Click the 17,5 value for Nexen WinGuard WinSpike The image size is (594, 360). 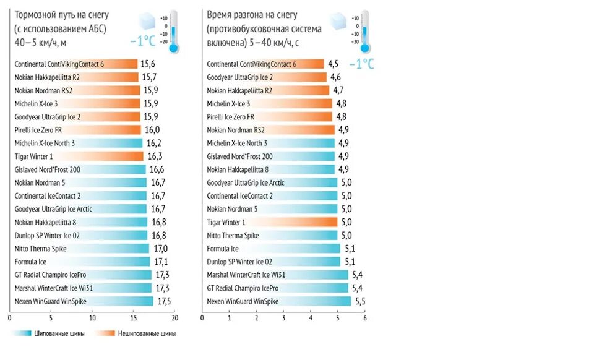[x=164, y=301]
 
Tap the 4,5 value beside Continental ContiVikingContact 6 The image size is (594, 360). [x=333, y=64]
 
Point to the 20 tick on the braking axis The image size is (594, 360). [x=174, y=319]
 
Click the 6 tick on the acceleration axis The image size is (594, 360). [x=365, y=319]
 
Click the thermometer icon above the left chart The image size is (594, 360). [x=173, y=31]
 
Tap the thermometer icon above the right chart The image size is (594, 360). [x=364, y=31]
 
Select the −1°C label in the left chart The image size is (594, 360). [x=142, y=41]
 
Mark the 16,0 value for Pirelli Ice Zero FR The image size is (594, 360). [x=152, y=130]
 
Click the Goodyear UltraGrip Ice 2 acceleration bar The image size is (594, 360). [x=266, y=77]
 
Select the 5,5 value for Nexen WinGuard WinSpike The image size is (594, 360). [x=359, y=301]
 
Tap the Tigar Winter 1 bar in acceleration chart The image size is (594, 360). [x=272, y=222]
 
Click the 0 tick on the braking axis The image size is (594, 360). [x=10, y=319]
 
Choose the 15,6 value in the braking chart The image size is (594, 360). [x=148, y=64]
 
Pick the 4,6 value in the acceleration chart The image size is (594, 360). [x=335, y=77]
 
